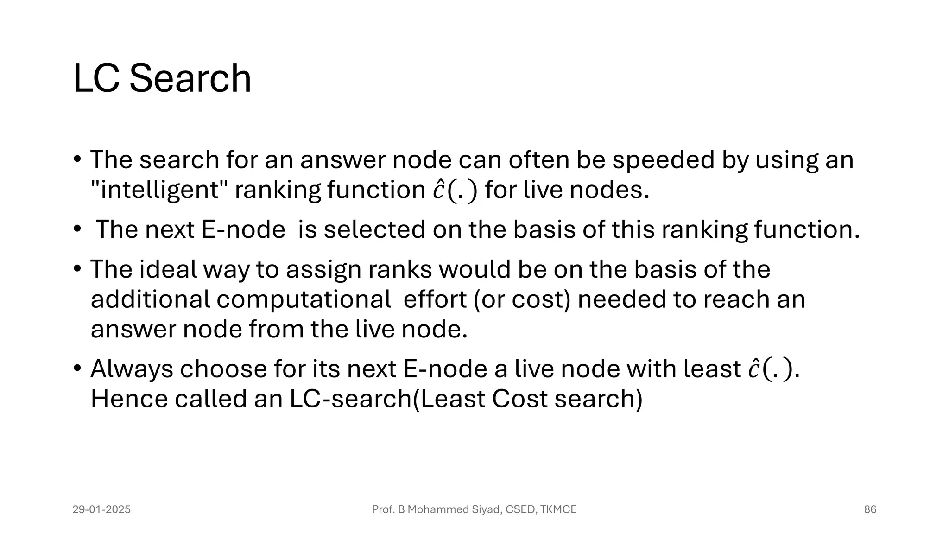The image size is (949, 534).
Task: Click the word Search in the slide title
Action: coord(190,79)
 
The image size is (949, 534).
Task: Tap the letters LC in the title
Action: coord(97,79)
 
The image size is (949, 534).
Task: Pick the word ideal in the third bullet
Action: coord(168,269)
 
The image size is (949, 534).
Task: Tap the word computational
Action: coord(304,299)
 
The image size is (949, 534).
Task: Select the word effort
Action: coord(435,299)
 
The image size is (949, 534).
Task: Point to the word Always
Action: coord(132,369)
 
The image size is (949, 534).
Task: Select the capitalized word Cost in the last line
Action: coord(519,399)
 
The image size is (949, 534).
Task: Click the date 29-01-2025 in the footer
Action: coord(101,510)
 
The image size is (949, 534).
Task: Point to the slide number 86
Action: coord(870,510)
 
